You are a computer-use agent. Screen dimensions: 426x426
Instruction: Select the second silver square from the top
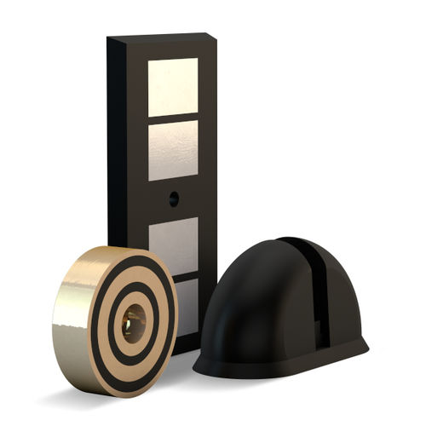point(173,150)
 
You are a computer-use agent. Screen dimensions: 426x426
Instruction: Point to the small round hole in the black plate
point(174,199)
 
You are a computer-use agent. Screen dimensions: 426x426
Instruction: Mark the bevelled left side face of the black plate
point(118,145)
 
